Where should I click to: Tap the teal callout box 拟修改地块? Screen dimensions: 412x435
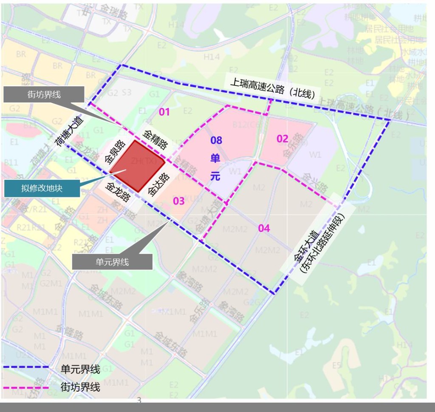click(x=42, y=188)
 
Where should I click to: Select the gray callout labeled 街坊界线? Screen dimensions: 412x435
click(x=44, y=94)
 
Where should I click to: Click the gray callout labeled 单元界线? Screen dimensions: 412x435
click(x=112, y=262)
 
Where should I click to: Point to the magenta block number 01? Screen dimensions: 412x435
click(x=164, y=112)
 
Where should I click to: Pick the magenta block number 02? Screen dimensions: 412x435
click(x=282, y=139)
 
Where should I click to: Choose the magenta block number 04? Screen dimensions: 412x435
click(x=264, y=228)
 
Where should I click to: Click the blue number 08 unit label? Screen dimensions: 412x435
click(x=216, y=140)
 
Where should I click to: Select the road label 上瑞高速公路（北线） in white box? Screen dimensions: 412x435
click(x=272, y=88)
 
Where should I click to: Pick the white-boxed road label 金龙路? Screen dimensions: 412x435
click(x=119, y=193)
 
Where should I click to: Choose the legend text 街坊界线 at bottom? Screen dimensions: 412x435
click(x=80, y=387)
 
